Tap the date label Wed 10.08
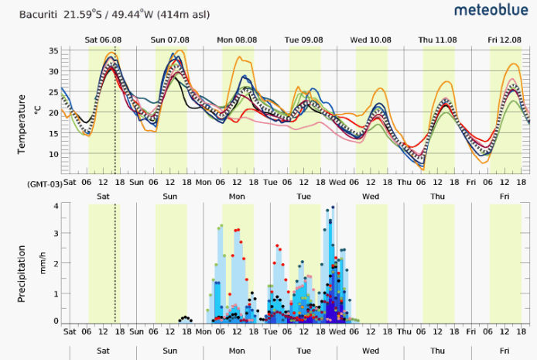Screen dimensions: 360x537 [370, 39]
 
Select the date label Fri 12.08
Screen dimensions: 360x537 [504, 39]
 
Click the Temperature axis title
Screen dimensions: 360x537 [22, 124]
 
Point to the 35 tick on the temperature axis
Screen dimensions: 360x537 [53, 51]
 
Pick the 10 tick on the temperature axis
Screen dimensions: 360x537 [53, 154]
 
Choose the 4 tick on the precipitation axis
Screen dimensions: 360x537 [56, 206]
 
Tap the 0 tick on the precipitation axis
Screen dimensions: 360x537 [56, 321]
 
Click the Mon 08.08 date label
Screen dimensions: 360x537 [236, 39]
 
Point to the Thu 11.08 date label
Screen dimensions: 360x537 [437, 39]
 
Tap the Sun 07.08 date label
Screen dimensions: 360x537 [169, 39]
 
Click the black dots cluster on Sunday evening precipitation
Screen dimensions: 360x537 [185, 318]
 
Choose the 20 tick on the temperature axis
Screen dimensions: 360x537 [53, 113]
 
